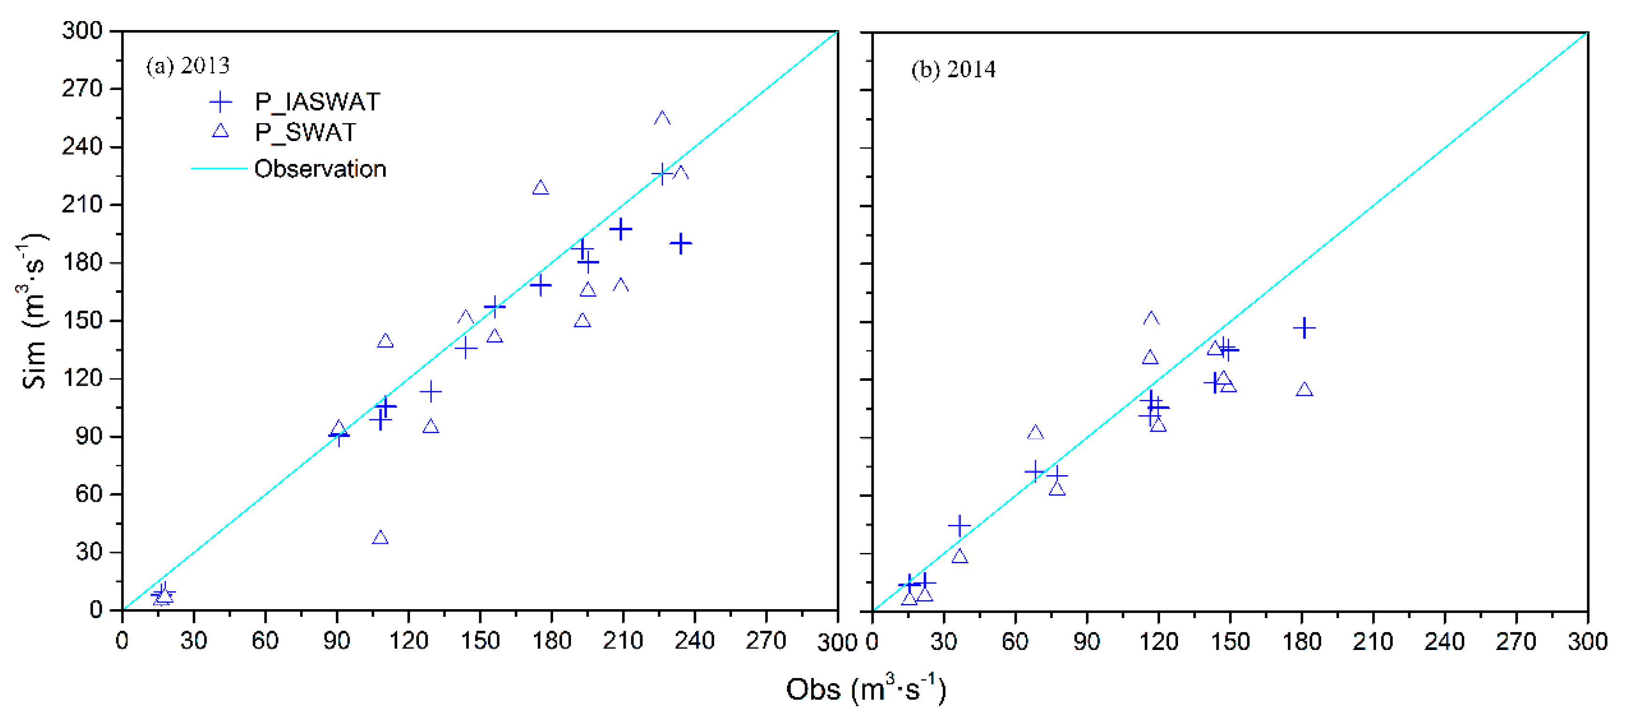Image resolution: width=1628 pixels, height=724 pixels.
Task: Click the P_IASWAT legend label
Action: (317, 102)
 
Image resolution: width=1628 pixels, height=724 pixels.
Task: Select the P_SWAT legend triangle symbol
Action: (220, 131)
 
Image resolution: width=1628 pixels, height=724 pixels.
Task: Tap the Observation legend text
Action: (320, 169)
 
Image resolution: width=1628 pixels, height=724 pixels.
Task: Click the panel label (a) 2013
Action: (188, 66)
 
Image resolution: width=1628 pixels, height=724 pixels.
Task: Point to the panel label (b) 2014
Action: (953, 69)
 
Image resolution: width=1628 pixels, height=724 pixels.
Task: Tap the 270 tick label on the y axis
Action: (81, 89)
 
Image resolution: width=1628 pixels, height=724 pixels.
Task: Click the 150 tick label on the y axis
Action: (81, 321)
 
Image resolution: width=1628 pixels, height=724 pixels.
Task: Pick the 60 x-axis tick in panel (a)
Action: (265, 641)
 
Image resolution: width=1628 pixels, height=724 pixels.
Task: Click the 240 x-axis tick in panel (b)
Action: (1444, 642)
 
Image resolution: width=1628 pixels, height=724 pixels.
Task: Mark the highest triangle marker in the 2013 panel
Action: (662, 118)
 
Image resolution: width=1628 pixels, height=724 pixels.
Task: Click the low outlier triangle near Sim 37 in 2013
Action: (380, 538)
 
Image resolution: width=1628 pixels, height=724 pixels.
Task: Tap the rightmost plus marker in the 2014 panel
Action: (1304, 328)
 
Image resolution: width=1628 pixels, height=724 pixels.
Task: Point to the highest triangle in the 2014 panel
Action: (1151, 318)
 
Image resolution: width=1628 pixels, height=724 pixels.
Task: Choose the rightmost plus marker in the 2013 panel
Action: (680, 243)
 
